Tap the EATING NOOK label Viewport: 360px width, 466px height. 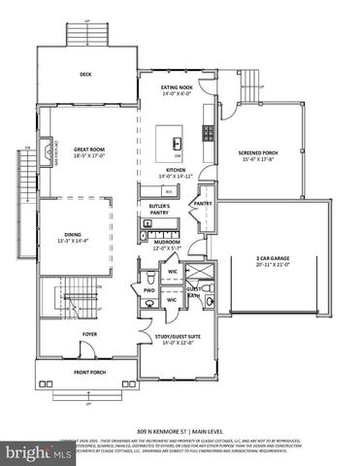click(x=178, y=86)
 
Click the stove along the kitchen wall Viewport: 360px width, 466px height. click(x=207, y=133)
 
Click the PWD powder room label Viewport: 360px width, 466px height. click(x=149, y=290)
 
